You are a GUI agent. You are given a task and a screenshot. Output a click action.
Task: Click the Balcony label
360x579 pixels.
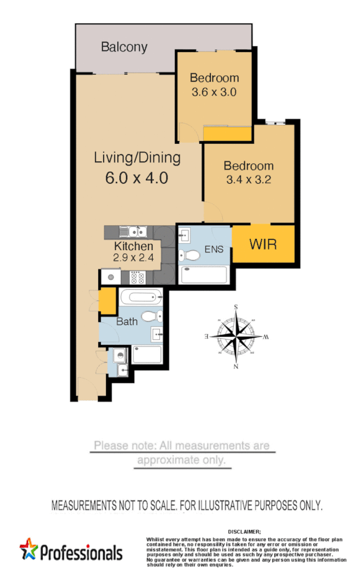pos(124,47)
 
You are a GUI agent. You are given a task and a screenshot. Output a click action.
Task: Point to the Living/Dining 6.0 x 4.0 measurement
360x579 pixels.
pos(137,178)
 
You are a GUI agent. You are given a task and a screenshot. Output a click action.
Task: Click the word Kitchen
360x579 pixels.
pos(133,247)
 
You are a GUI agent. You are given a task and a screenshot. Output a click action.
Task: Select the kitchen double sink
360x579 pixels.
pos(132,232)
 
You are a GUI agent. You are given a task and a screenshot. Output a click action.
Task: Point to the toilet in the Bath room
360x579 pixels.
pos(149,316)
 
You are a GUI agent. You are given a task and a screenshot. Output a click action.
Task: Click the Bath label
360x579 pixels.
pos(127,321)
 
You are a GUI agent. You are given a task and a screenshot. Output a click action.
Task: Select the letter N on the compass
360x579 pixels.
pos(236,366)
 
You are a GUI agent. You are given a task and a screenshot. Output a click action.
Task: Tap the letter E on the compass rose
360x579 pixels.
pos(206,336)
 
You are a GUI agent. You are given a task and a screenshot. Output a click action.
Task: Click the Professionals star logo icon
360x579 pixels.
pos(29,549)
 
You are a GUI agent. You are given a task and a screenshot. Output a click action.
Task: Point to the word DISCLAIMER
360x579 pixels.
pos(245,532)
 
